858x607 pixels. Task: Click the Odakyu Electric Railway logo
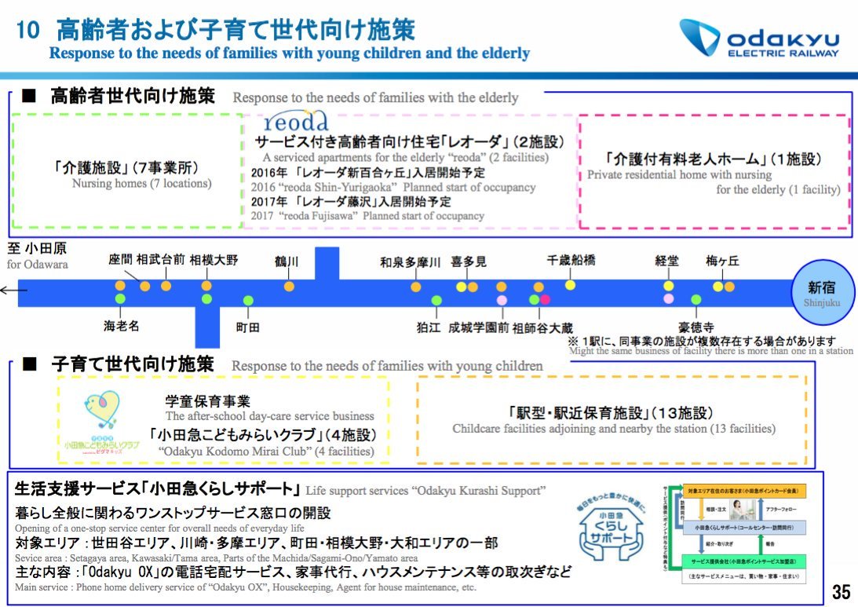point(758,39)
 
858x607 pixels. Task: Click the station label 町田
point(248,327)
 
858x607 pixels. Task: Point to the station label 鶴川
point(287,261)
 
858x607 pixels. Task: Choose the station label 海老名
point(121,326)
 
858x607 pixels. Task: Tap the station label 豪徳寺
point(696,327)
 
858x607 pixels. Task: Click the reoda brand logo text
point(296,122)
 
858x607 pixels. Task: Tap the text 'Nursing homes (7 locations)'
point(141,184)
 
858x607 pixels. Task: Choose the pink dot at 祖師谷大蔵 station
point(545,299)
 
